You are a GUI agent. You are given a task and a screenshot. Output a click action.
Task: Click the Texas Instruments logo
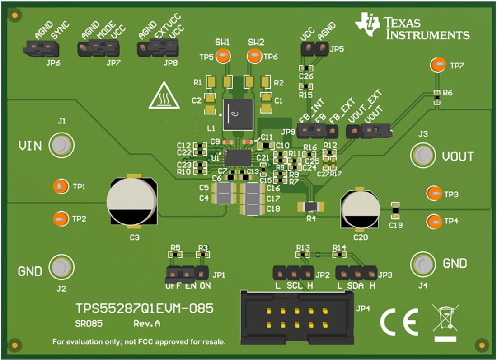pos(412,27)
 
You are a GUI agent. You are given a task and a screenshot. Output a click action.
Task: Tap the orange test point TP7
pos(438,65)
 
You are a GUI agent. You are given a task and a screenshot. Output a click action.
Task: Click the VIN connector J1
pos(60,145)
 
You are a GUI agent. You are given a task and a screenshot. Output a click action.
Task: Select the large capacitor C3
pos(132,201)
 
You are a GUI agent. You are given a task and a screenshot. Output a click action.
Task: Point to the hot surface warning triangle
pos(161,96)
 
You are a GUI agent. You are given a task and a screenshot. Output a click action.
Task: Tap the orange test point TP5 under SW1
pos(222,57)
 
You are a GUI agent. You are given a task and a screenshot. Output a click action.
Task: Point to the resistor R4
pos(311,207)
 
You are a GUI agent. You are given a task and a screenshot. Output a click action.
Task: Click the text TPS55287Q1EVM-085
pos(144,309)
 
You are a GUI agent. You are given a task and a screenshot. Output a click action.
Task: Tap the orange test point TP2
pos(59,219)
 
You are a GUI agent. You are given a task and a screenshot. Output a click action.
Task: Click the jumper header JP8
pos(158,47)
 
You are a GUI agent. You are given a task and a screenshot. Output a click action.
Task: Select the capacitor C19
pos(395,209)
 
